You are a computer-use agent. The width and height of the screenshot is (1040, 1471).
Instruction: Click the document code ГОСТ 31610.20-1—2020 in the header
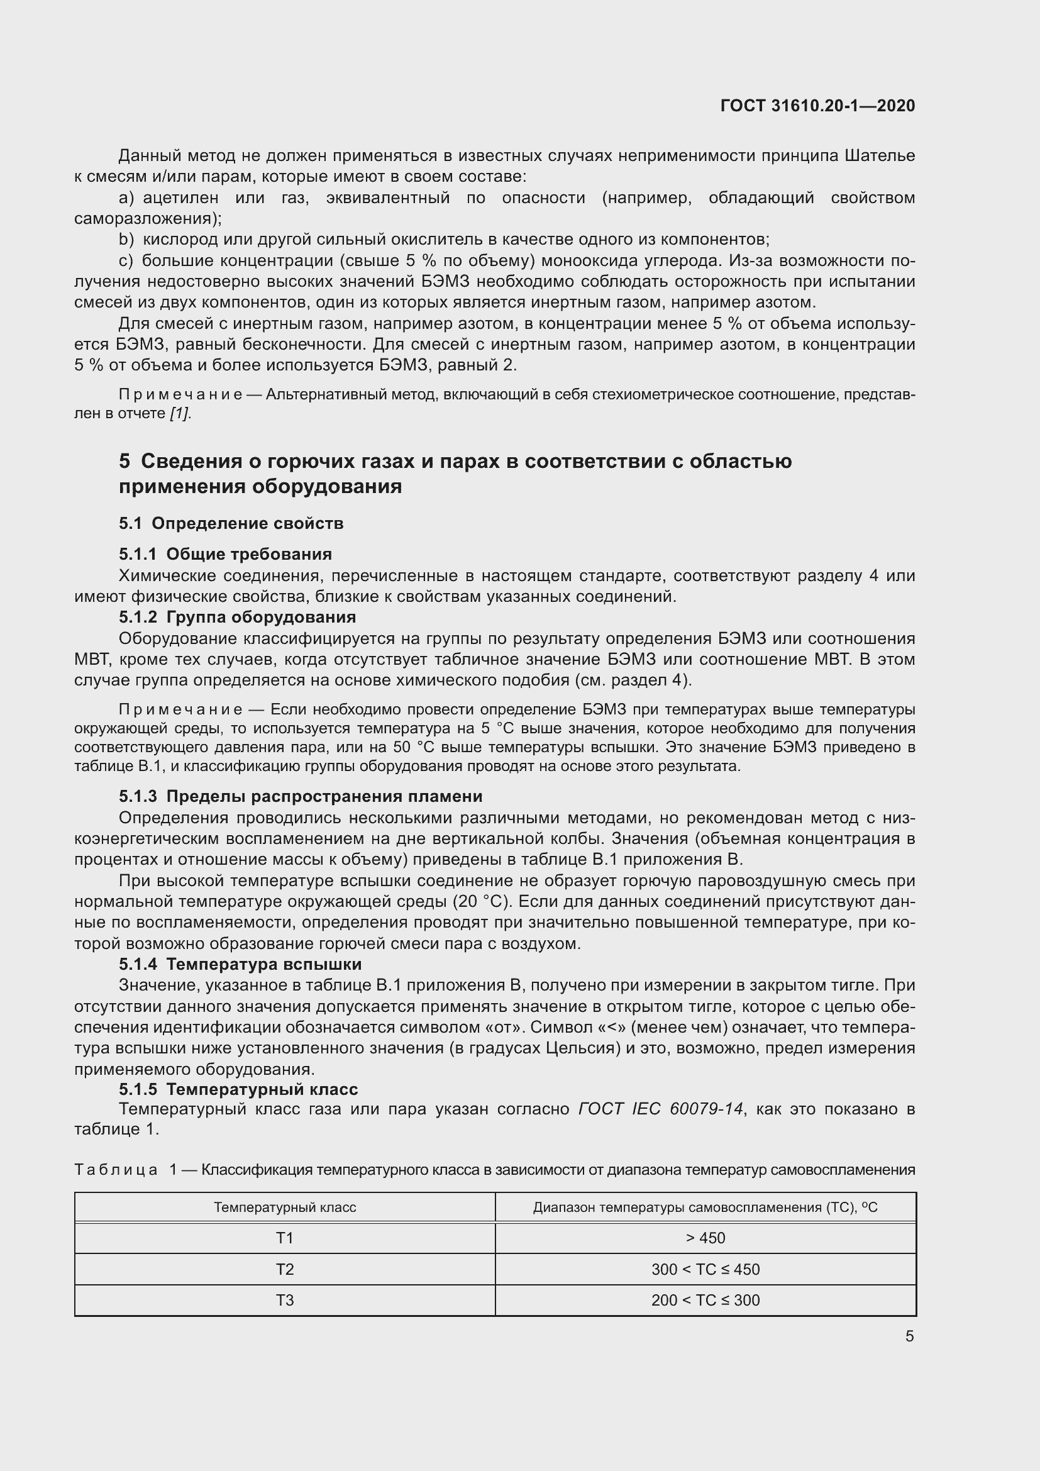817,106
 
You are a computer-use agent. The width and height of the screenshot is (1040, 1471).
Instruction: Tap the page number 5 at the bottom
909,1336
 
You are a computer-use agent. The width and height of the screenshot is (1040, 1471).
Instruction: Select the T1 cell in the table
284,1238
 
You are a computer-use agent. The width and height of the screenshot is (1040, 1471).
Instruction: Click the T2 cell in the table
284,1269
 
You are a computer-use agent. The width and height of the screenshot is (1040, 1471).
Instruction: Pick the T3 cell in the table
284,1300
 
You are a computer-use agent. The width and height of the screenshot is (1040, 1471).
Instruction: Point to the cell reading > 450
705,1238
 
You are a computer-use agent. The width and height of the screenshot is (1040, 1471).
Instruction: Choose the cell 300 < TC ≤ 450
705,1269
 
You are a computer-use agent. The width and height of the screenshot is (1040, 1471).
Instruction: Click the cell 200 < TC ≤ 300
705,1300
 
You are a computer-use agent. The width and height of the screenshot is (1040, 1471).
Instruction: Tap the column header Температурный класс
284,1207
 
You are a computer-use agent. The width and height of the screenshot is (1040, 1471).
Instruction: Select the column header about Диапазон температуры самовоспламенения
705,1207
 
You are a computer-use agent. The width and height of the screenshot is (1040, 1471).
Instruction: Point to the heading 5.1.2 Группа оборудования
237,616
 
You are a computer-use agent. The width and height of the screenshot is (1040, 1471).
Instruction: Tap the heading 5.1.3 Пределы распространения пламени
301,796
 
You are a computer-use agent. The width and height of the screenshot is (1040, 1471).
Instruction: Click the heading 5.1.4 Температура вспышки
240,963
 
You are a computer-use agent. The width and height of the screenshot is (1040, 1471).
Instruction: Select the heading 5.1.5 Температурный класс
238,1089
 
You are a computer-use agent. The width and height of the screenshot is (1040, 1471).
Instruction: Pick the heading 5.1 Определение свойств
231,523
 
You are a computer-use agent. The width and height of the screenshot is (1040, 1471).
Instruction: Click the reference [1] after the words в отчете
180,413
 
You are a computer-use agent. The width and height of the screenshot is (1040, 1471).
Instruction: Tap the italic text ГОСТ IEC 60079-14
660,1109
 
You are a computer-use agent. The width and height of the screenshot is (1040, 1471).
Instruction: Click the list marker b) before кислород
126,240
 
